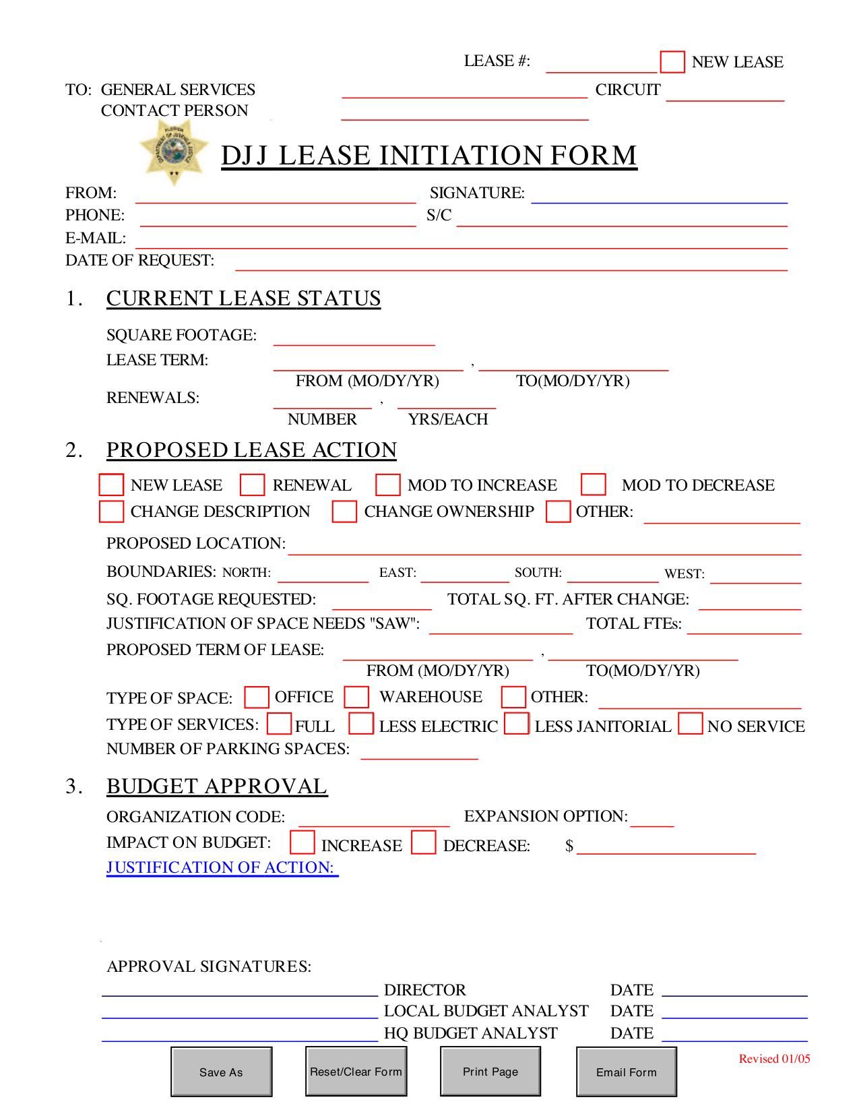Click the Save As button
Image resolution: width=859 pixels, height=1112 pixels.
221,1072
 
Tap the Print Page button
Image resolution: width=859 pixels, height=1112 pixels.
490,1072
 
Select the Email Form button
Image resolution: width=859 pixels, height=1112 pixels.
626,1072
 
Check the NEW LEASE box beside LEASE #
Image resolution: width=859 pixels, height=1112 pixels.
672,62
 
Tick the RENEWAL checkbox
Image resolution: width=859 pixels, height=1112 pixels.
253,485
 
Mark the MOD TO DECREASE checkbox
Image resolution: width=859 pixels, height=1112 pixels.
594,485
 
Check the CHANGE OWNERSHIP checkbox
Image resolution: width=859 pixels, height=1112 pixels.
344,512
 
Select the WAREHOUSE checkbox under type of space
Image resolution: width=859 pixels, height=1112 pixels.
356,697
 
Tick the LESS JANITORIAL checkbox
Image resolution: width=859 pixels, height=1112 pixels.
517,724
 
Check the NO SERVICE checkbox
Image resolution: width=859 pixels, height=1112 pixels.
691,724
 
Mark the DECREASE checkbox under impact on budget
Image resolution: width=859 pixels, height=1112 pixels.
424,844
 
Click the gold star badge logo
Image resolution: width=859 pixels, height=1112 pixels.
174,152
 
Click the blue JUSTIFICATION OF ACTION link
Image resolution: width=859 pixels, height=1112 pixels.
222,867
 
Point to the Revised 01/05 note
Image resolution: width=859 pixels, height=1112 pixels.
774,1059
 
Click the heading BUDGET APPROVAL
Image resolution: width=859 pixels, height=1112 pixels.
217,786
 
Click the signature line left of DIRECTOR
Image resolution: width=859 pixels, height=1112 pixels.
239,989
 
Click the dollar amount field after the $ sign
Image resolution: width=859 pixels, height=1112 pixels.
666,847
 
